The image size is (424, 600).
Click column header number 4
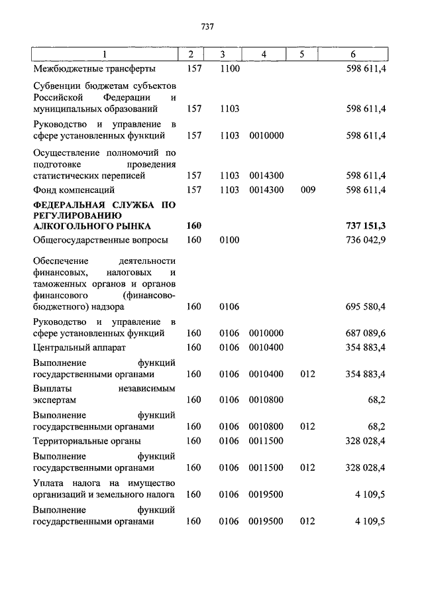[264, 54]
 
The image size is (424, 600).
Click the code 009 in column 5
[307, 190]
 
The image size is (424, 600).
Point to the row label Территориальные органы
[87, 441]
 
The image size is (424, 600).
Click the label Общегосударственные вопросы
[100, 240]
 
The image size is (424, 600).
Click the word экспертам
[54, 400]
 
